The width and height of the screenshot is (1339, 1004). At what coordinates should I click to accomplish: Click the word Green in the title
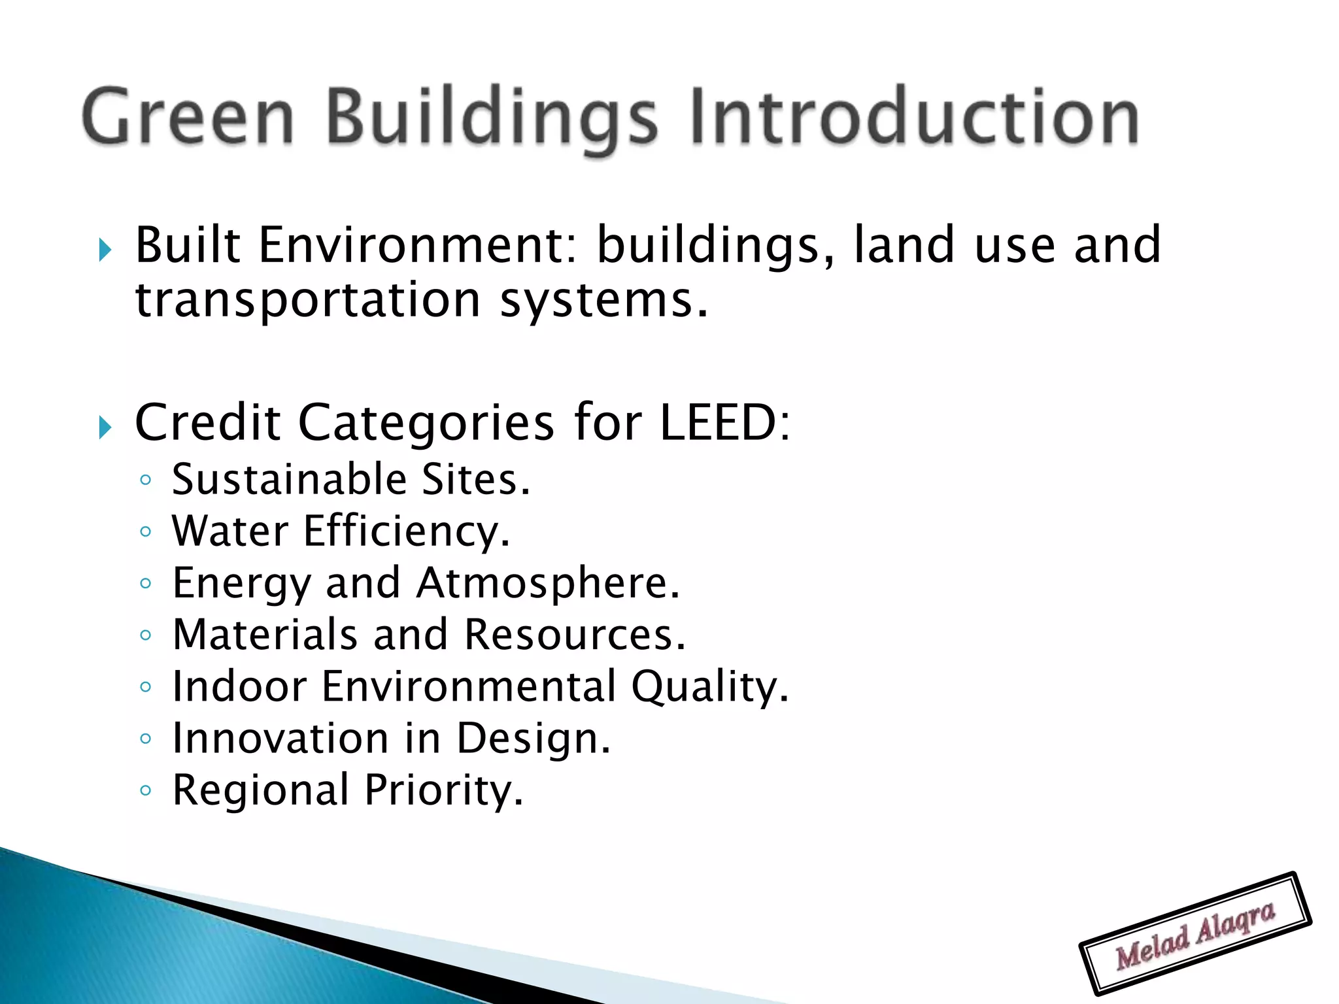tap(188, 118)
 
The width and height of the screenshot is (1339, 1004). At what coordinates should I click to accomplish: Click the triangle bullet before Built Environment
tap(105, 249)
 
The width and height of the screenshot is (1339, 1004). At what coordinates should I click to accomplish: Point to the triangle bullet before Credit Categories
tap(105, 427)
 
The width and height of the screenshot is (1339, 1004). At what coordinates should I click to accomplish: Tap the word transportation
tap(308, 300)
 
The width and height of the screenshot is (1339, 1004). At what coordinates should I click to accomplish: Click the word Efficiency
tap(405, 531)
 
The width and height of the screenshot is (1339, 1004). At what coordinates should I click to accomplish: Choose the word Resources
tap(575, 634)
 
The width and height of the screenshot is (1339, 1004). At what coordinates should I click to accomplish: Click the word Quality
tap(709, 687)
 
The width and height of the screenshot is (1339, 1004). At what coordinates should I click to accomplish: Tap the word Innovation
tap(280, 738)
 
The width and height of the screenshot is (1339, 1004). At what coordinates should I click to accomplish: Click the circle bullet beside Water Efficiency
tap(145, 531)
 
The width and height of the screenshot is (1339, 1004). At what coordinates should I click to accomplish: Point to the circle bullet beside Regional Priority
tap(145, 790)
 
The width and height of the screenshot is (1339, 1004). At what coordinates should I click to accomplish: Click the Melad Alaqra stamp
tap(1195, 934)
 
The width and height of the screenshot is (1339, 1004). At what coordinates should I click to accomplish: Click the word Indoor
tap(239, 686)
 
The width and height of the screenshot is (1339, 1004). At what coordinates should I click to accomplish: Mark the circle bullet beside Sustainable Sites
tap(145, 480)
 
